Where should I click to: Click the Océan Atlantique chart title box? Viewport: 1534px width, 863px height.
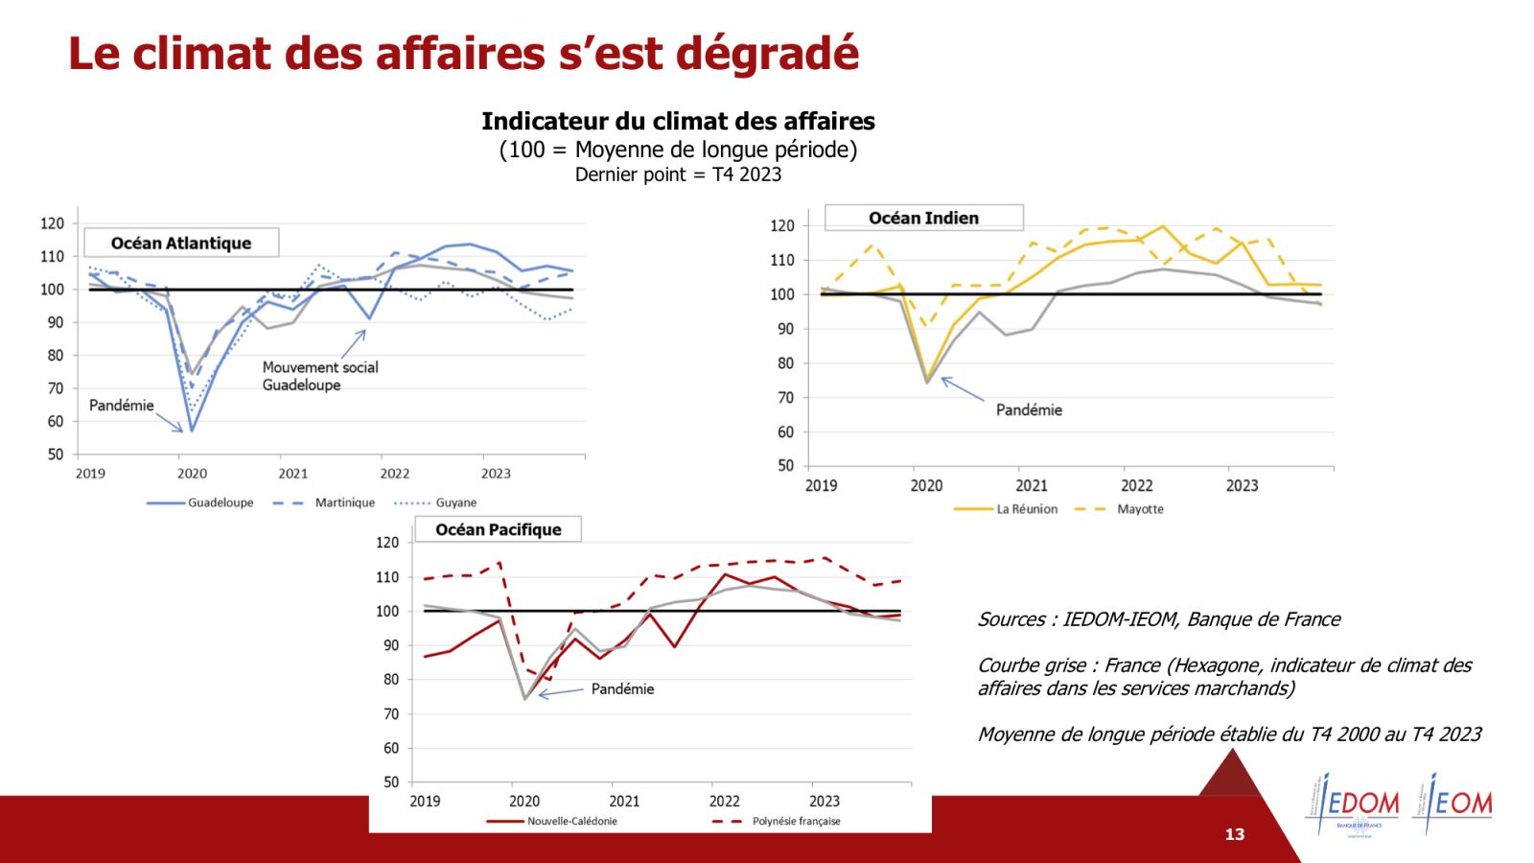pyautogui.click(x=181, y=243)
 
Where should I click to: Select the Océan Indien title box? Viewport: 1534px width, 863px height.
pyautogui.click(x=923, y=218)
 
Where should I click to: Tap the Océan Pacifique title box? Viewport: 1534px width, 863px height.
pyautogui.click(x=498, y=529)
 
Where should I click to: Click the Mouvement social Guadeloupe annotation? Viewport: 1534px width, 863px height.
pyautogui.click(x=319, y=376)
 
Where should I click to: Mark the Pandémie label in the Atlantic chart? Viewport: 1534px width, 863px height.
pyautogui.click(x=122, y=405)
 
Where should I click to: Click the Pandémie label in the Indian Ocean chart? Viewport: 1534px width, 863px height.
pyautogui.click(x=1029, y=409)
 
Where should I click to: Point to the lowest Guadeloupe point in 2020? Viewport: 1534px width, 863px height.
pyautogui.click(x=192, y=431)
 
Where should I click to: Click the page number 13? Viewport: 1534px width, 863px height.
pyautogui.click(x=1235, y=834)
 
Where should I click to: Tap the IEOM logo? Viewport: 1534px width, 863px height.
pyautogui.click(x=1453, y=804)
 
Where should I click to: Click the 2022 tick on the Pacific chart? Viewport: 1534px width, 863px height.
pyautogui.click(x=724, y=801)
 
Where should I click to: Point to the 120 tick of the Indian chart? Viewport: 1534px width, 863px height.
pyautogui.click(x=782, y=225)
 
